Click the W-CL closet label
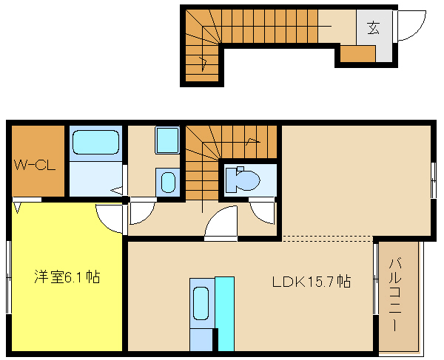[35, 166]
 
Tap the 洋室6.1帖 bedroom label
[67, 277]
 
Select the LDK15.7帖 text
[312, 282]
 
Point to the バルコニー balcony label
[395, 294]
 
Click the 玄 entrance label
[374, 27]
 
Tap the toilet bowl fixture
[243, 180]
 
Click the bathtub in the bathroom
[95, 142]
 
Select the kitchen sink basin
[201, 303]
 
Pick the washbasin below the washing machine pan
[168, 183]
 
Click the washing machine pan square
[167, 140]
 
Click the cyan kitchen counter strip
[224, 314]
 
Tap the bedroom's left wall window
[9, 277]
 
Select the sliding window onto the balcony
[375, 279]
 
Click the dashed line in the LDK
[327, 239]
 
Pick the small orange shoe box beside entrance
[357, 54]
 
